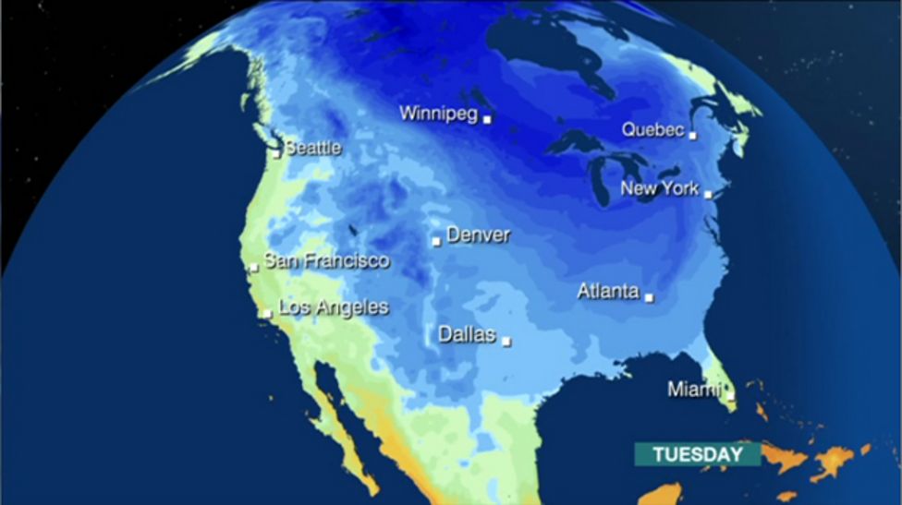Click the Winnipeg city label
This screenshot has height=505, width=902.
click(438, 114)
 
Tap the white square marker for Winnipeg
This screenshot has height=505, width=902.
click(487, 119)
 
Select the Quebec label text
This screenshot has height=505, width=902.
click(652, 130)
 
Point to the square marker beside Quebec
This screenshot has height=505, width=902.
click(692, 136)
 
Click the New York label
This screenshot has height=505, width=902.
click(660, 189)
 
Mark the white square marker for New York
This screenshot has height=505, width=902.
click(708, 194)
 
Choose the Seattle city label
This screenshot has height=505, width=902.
click(312, 148)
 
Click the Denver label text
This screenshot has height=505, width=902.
click(478, 235)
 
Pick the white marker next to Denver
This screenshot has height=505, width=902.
click(436, 242)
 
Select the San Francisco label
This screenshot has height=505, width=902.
click(326, 261)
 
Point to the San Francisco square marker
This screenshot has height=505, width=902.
click(253, 268)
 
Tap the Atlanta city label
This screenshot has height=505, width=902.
click(608, 292)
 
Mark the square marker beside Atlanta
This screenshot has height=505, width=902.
click(649, 297)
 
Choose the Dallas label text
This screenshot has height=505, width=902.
click(467, 335)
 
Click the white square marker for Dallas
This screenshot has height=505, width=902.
click(506, 341)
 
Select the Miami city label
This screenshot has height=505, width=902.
click(693, 391)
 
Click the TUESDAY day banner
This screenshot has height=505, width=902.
click(697, 454)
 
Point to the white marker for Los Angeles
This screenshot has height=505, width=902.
click(266, 314)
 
